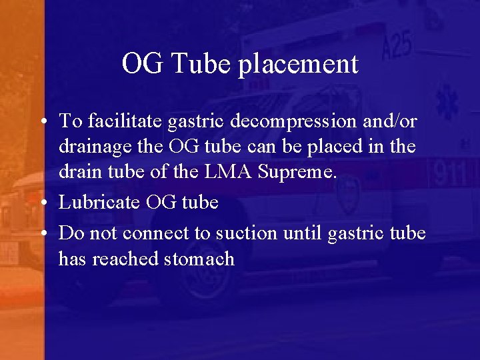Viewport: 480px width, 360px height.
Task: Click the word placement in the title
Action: coord(298,65)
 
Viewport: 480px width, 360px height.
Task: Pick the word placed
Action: coord(334,147)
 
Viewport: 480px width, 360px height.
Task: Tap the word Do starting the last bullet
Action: coord(69,233)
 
